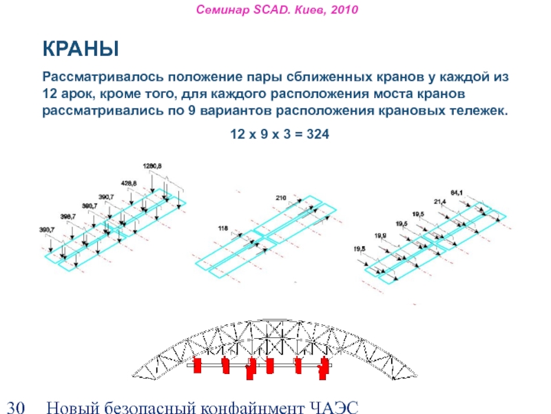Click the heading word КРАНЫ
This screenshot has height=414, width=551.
tap(81, 50)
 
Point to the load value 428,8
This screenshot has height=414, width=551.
tap(129, 183)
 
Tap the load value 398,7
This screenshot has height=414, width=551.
tap(69, 217)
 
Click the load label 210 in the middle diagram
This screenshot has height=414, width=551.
tap(280, 198)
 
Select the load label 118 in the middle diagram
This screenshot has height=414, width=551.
tap(222, 228)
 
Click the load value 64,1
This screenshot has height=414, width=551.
tap(457, 191)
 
